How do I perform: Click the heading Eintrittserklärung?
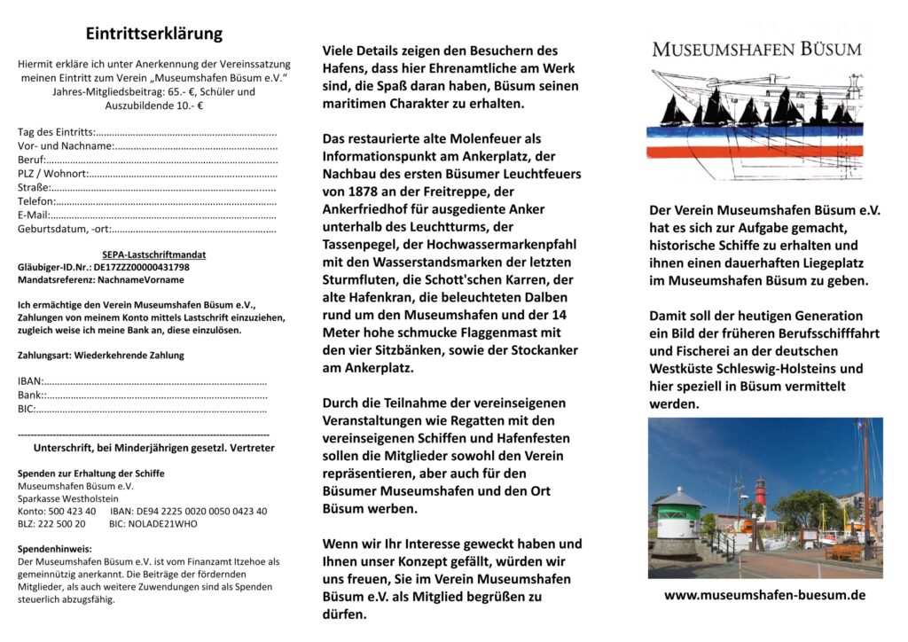point(154,34)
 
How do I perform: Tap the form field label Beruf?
point(30,160)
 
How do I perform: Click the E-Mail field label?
point(33,215)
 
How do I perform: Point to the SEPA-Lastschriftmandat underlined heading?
point(147,254)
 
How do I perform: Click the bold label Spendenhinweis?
point(54,548)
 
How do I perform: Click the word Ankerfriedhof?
point(364,209)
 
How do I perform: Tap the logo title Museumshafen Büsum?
point(756,49)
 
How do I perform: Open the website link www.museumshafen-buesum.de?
point(764,595)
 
